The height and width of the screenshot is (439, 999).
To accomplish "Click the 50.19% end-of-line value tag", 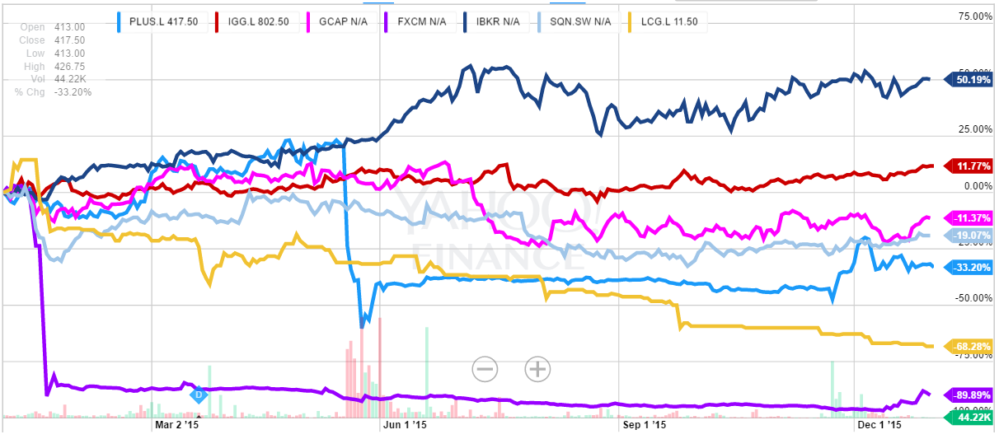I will pos(973,80).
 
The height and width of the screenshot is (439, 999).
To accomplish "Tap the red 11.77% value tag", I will pos(973,166).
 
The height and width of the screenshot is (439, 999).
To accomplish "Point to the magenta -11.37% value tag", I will pos(973,218).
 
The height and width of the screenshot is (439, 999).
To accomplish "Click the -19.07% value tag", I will pos(973,236).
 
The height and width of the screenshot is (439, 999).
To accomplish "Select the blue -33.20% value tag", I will pos(973,267).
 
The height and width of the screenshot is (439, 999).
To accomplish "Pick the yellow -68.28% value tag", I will pos(973,346).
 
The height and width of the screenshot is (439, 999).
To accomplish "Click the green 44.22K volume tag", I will pos(973,418).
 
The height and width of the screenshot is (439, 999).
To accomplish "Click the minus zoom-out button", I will pos(485,369).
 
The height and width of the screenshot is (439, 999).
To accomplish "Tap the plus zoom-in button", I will pos(537,369).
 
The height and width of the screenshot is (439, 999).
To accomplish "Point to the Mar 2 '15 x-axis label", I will pos(177,426).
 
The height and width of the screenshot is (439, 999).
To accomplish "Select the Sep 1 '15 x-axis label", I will pos(642,426).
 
